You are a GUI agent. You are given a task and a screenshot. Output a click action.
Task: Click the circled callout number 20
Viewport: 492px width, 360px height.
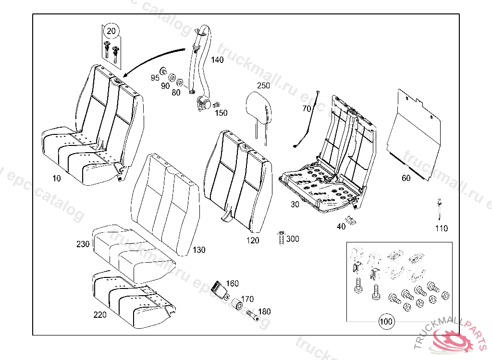click(x=111, y=32)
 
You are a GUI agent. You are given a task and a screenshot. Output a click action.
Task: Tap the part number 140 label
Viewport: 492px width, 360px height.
click(x=217, y=60)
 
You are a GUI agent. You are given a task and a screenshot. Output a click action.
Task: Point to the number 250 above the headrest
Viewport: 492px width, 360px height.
click(x=263, y=85)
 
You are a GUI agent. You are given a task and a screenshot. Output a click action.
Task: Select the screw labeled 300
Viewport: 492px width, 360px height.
click(x=279, y=238)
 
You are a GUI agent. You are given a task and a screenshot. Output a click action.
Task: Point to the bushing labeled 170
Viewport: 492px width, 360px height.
click(x=236, y=304)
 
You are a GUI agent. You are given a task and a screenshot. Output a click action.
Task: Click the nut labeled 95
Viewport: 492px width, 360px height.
click(x=163, y=72)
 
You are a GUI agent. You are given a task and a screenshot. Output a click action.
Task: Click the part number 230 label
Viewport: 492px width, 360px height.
click(x=83, y=244)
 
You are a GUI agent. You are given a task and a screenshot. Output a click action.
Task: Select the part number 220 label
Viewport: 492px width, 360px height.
click(x=100, y=315)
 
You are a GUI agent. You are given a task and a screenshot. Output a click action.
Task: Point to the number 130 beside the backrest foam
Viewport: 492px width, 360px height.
click(x=198, y=250)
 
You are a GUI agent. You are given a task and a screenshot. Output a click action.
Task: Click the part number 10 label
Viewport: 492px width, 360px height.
click(x=57, y=178)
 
